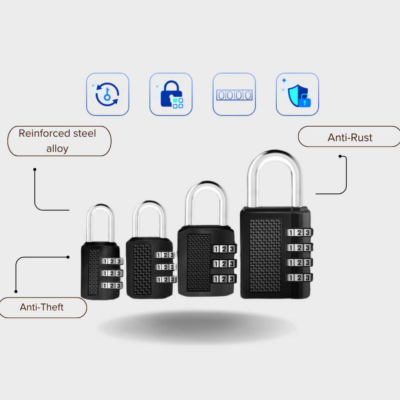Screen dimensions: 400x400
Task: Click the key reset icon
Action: (107, 94)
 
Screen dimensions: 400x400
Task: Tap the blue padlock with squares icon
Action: (171, 94)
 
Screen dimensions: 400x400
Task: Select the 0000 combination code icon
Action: (234, 95)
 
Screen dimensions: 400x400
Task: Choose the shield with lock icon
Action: (297, 94)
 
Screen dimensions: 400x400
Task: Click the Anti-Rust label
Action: (350, 137)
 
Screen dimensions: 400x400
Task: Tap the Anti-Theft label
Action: (42, 307)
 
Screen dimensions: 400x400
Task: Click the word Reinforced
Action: (44, 133)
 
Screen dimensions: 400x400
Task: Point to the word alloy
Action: (57, 149)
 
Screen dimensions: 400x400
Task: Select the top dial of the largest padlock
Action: (299, 233)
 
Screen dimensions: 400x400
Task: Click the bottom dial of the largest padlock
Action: (299, 277)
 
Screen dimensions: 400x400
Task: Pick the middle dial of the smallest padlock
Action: (111, 273)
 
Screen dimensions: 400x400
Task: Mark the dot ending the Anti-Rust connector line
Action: (340, 156)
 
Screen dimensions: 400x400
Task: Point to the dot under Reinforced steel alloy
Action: (35, 169)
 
